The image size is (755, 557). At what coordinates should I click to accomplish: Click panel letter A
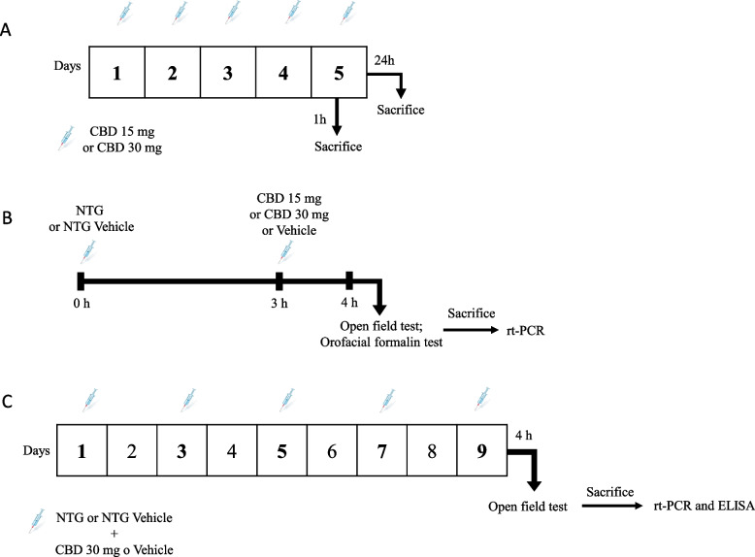click(x=8, y=30)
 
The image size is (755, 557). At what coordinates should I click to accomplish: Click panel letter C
click(x=8, y=401)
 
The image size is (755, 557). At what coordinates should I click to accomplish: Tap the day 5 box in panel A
click(x=337, y=71)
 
